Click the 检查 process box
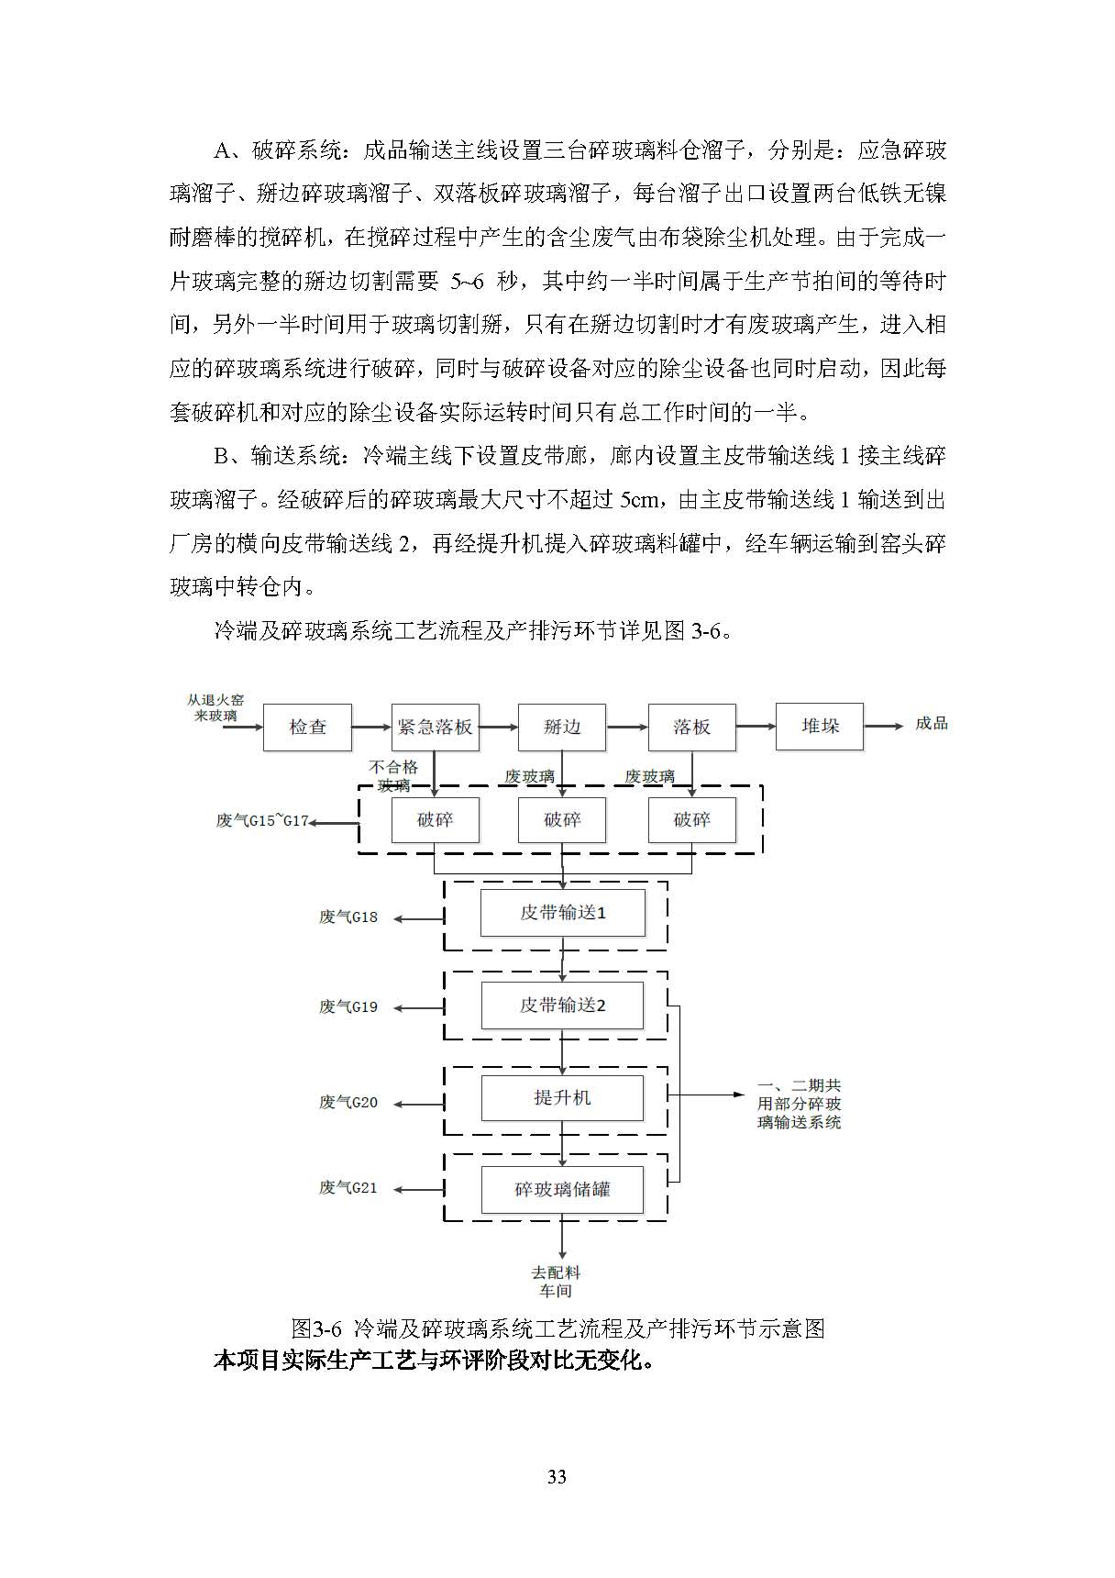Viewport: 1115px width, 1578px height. [x=307, y=727]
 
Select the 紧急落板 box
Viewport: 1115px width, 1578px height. [x=435, y=727]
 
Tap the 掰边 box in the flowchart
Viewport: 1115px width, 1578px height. [x=562, y=727]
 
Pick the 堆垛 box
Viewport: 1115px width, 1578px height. [x=819, y=726]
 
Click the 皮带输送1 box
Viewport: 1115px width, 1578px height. [x=562, y=913]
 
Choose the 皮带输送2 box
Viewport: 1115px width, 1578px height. [x=562, y=1006]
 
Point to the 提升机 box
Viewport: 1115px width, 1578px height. [x=562, y=1097]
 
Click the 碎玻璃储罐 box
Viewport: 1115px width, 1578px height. [x=562, y=1190]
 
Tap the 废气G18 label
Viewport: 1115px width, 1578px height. [x=348, y=917]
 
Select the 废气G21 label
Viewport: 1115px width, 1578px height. [x=348, y=1188]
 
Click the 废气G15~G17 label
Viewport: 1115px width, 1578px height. [x=262, y=821]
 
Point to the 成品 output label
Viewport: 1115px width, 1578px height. [x=931, y=724]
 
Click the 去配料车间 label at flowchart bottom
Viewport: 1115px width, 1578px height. [x=556, y=1282]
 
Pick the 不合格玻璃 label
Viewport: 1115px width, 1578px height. [x=393, y=776]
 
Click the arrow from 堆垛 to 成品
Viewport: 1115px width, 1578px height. [x=883, y=727]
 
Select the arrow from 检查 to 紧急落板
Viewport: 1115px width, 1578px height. [x=371, y=728]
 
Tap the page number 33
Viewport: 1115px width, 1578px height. [x=557, y=1477]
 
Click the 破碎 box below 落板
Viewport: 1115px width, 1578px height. [x=691, y=820]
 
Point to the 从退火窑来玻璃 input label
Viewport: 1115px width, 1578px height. [x=215, y=707]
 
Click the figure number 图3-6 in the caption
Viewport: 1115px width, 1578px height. [x=315, y=1328]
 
